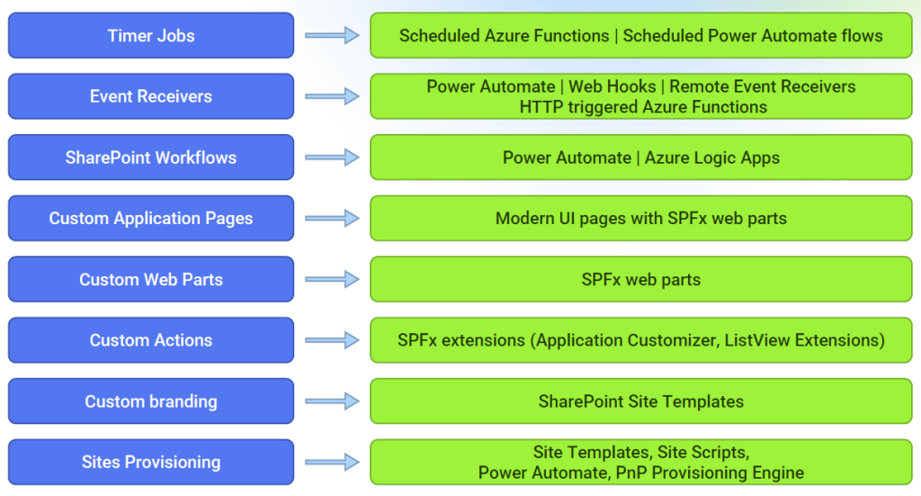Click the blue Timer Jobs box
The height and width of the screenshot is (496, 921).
[x=151, y=35]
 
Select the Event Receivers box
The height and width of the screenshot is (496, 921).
[x=151, y=96]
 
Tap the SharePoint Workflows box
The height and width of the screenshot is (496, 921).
[x=151, y=158]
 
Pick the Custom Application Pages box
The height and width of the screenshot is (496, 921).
[x=151, y=218]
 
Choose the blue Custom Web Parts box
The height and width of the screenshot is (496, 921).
[x=151, y=279]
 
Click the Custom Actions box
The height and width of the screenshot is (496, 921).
[x=151, y=340]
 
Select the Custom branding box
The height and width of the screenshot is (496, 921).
[x=151, y=401]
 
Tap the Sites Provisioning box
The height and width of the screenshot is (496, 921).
[x=151, y=462]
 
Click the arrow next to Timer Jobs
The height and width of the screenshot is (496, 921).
[x=332, y=35]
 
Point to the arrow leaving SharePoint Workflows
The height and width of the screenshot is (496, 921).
[x=332, y=158]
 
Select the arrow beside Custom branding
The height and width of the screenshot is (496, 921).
[x=332, y=401]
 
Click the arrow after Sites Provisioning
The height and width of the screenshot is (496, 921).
[x=332, y=462]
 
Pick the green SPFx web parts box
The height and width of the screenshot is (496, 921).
[x=640, y=279]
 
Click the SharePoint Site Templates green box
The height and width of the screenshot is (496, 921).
[x=640, y=401]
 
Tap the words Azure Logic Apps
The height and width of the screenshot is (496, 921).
[x=712, y=158]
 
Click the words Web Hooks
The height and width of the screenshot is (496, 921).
[x=612, y=86]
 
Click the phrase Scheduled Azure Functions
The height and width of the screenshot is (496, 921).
[x=504, y=35]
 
